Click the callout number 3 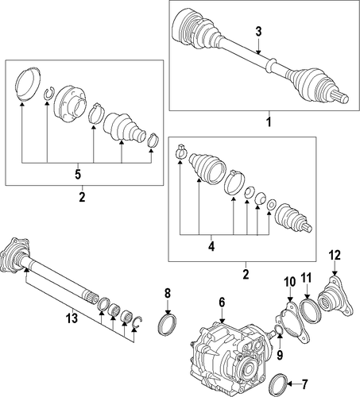pyautogui.click(x=258, y=32)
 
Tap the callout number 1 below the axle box pyautogui.click(x=269, y=122)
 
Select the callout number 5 pyautogui.click(x=78, y=174)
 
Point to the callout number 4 pyautogui.click(x=211, y=246)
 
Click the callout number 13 pyautogui.click(x=72, y=318)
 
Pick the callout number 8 pyautogui.click(x=168, y=293)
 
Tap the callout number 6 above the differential pyautogui.click(x=222, y=302)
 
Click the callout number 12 pyautogui.click(x=335, y=256)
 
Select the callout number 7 pyautogui.click(x=304, y=384)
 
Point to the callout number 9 pyautogui.click(x=280, y=354)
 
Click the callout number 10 pyautogui.click(x=290, y=282)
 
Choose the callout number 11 pyautogui.click(x=306, y=278)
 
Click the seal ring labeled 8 pyautogui.click(x=167, y=324)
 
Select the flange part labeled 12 pyautogui.click(x=335, y=296)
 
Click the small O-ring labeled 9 pyautogui.click(x=278, y=330)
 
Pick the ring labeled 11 pyautogui.click(x=311, y=310)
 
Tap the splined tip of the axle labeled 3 pyautogui.click(x=341, y=97)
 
